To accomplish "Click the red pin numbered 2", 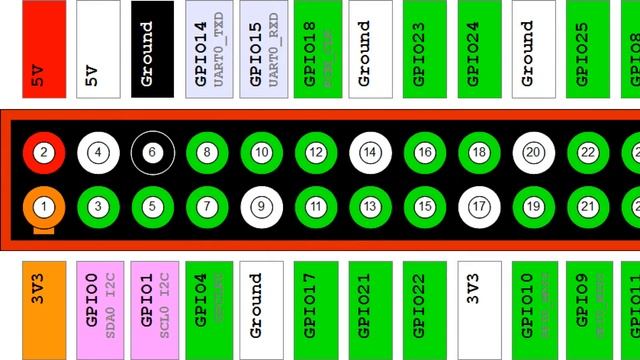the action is tap(44, 153).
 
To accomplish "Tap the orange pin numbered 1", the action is tap(44, 207).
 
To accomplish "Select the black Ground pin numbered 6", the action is tap(152, 153).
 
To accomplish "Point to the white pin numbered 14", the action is tap(370, 153).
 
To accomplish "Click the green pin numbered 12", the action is tap(316, 153).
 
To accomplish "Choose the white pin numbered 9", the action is tap(261, 207).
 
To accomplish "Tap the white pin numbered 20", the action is tap(533, 153).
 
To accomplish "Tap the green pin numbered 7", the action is tap(207, 207).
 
